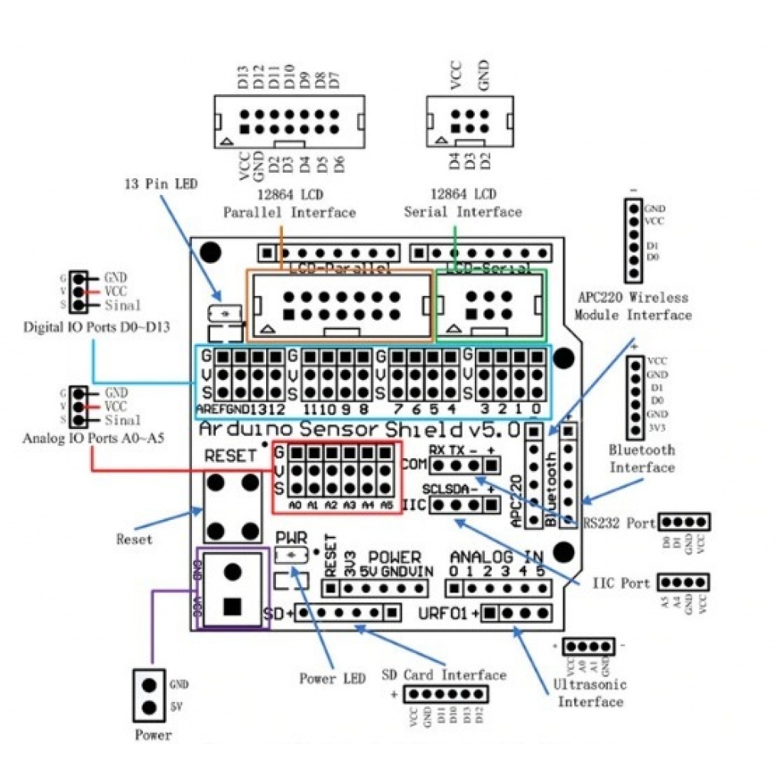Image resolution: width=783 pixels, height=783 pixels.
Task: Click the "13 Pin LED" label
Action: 161,184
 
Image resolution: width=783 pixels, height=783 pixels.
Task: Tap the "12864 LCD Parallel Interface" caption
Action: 289,203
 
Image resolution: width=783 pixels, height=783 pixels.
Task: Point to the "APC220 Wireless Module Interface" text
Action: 632,306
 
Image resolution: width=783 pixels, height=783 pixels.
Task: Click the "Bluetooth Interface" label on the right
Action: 642,458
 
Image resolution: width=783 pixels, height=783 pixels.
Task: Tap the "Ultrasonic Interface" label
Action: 589,693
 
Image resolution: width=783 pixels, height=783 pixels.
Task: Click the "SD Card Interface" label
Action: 443,675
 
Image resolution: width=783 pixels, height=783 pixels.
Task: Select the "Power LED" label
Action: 332,679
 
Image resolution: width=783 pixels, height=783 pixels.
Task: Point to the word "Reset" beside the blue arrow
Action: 134,539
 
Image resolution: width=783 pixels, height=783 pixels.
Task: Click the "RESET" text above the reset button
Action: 231,456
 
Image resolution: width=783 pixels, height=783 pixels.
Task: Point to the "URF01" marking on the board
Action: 447,613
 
